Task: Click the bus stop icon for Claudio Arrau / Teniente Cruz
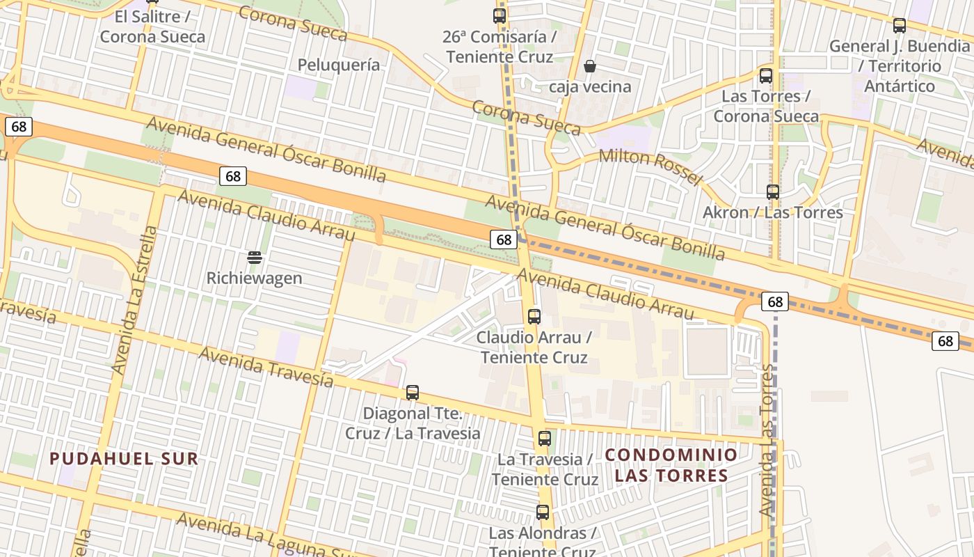point(534,317)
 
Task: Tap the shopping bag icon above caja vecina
point(590,66)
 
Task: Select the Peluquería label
point(339,65)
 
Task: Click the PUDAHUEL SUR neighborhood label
point(125,459)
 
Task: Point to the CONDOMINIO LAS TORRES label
point(671,465)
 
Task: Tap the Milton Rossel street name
point(650,166)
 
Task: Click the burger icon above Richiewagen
point(255,258)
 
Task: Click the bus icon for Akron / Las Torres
point(772,192)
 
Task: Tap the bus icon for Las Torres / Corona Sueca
point(766,76)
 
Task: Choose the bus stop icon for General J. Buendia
point(900,26)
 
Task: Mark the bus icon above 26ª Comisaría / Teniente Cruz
point(500,15)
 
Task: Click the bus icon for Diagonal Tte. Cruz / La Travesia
point(413,393)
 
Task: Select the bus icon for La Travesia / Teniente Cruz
point(545,439)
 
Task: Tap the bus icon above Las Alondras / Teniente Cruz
point(543,512)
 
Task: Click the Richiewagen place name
point(255,278)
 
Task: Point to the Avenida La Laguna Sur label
point(264,536)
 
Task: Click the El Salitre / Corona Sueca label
point(152,27)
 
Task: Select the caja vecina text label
point(590,87)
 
